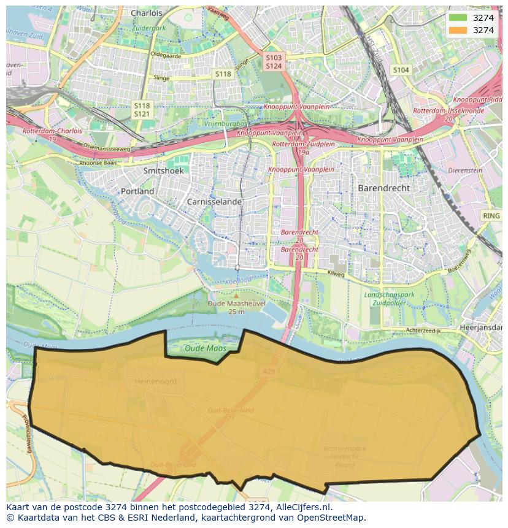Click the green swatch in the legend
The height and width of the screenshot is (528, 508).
pos(458,18)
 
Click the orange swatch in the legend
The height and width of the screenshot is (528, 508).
pos(458,30)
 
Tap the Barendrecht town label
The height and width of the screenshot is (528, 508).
pos(383,188)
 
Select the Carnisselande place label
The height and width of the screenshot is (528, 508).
pos(215,201)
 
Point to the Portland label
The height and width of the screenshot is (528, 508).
pos(137,191)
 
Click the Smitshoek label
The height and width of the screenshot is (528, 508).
pos(163,171)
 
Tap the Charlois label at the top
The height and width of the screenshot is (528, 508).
pos(147,13)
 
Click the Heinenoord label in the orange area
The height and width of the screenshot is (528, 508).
pos(155,381)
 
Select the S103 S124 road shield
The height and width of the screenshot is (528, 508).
pos(274,61)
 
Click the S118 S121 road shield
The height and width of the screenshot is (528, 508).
pos(142,110)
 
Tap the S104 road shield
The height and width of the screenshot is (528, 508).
pos(401,71)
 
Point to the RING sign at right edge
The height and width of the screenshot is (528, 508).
pos(491,216)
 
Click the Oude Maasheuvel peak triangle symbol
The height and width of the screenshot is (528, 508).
pos(236,296)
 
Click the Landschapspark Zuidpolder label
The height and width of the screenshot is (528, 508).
pos(390,299)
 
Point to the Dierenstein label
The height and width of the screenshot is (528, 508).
pos(466,171)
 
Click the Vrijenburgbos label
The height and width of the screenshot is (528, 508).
pos(225,124)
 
